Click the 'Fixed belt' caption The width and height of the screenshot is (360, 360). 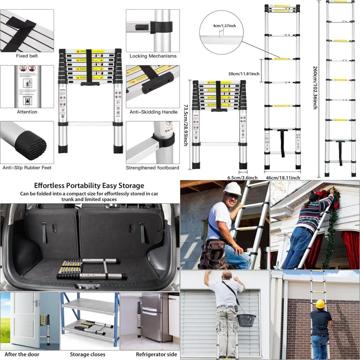coord(27,56)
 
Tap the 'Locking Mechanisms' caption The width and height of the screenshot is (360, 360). coord(153,56)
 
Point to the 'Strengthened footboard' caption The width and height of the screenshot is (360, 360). coord(152,168)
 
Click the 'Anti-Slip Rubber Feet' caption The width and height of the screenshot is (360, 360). coord(27,168)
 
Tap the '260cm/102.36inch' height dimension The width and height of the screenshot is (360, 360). coord(315,88)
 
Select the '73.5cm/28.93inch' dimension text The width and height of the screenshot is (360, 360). coord(185,125)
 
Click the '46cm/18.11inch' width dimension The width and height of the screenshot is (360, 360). coord(283,177)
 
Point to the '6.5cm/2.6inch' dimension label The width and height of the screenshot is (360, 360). coord(242,177)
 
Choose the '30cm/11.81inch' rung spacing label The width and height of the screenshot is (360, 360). coord(244,74)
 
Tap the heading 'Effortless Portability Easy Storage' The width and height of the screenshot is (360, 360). coord(89,186)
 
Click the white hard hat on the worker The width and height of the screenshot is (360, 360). coord(232,189)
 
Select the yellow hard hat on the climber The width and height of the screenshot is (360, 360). coord(320,304)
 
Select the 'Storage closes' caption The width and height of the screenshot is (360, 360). coord(87,354)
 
